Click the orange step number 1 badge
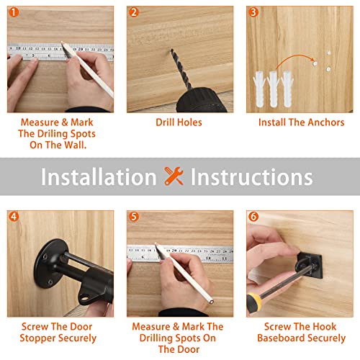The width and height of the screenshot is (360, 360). pyautogui.click(x=14, y=12)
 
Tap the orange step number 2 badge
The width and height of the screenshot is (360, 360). pyautogui.click(x=134, y=12)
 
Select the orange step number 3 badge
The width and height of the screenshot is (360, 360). pyautogui.click(x=253, y=12)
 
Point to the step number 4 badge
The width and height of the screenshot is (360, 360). pyautogui.click(x=14, y=217)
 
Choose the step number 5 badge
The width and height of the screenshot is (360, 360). pyautogui.click(x=134, y=217)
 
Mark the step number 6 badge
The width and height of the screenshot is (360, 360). pyautogui.click(x=253, y=217)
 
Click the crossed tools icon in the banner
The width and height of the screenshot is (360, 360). pyautogui.click(x=174, y=176)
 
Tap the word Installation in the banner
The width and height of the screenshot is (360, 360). pyautogui.click(x=99, y=176)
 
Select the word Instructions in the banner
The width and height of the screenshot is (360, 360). pyautogui.click(x=251, y=176)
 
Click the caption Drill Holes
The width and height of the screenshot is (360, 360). pyautogui.click(x=179, y=122)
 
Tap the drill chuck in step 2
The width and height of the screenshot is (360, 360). pyautogui.click(x=202, y=100)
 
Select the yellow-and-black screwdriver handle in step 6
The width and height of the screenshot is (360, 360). pyautogui.click(x=254, y=302)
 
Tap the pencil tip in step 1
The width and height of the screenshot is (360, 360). pyautogui.click(x=63, y=42)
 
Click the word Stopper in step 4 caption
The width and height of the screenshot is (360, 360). pyautogui.click(x=37, y=338)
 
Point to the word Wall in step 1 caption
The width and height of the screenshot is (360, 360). pyautogui.click(x=73, y=145)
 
